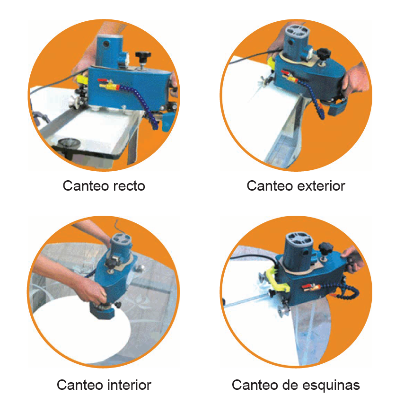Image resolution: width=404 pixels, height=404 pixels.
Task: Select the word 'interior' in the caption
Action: point(129,385)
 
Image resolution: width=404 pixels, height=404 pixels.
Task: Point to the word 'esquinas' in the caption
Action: point(331,386)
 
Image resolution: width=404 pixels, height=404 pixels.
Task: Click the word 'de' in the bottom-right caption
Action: point(290,385)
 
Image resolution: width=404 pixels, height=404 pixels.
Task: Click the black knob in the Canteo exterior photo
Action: point(323,53)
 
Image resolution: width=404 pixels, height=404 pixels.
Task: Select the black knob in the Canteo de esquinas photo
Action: point(326,248)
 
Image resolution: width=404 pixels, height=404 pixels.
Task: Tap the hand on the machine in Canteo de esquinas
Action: point(353,258)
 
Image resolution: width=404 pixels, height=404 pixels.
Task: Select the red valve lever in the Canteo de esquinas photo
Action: point(307,287)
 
